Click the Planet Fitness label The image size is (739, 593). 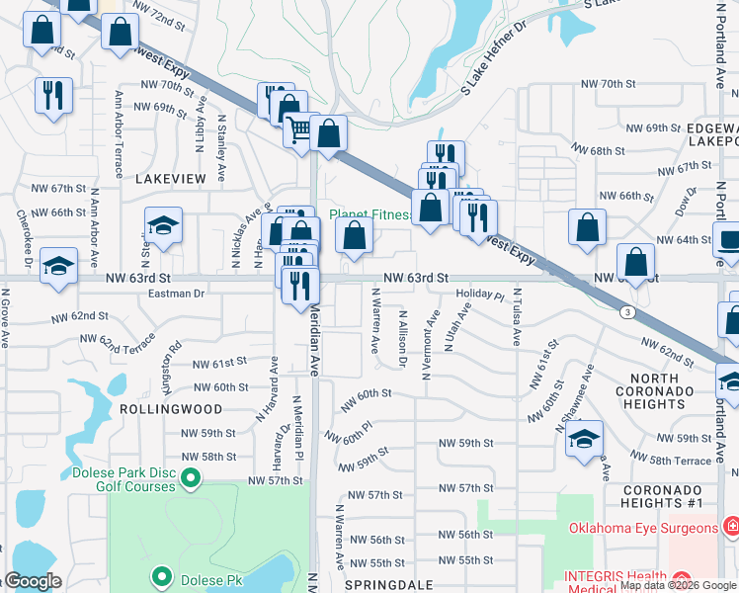coord(370,213)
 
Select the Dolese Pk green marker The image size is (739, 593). coord(161,574)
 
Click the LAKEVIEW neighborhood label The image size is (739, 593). coord(169,178)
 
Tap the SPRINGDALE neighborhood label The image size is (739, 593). coord(389,584)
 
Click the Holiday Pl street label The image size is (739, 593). coord(479,296)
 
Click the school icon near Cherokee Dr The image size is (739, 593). coord(59,266)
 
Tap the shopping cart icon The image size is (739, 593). coord(299,130)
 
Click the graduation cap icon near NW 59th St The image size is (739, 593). coord(585,438)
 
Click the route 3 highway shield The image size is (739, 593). coord(626,312)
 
